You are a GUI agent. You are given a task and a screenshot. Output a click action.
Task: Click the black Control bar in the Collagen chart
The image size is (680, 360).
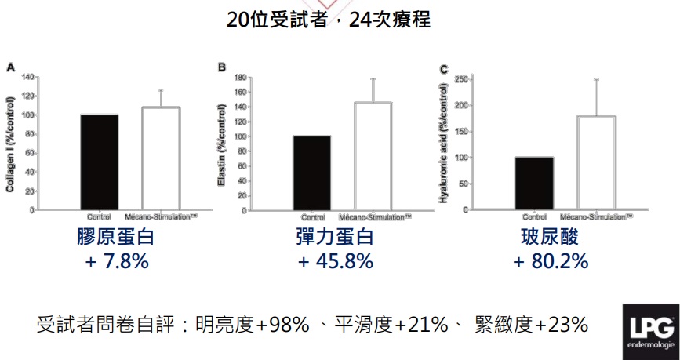[x=99, y=162]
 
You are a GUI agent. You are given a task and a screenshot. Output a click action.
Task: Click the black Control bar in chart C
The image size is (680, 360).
[x=534, y=184]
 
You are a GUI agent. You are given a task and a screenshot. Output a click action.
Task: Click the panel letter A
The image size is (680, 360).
[x=10, y=67]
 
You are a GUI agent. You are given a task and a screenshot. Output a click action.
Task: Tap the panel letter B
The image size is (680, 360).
[x=222, y=67]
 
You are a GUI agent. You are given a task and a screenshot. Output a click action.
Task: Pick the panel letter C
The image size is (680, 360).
[x=444, y=69]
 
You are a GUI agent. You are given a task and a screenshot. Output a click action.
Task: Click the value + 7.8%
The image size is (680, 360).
[x=117, y=261]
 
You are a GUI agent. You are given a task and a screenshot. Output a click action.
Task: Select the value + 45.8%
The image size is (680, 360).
[x=335, y=261]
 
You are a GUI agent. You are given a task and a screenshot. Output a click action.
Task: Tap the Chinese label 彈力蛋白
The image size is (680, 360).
[x=335, y=237]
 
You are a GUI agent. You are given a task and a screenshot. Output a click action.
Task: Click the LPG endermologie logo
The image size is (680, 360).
[x=649, y=333]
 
